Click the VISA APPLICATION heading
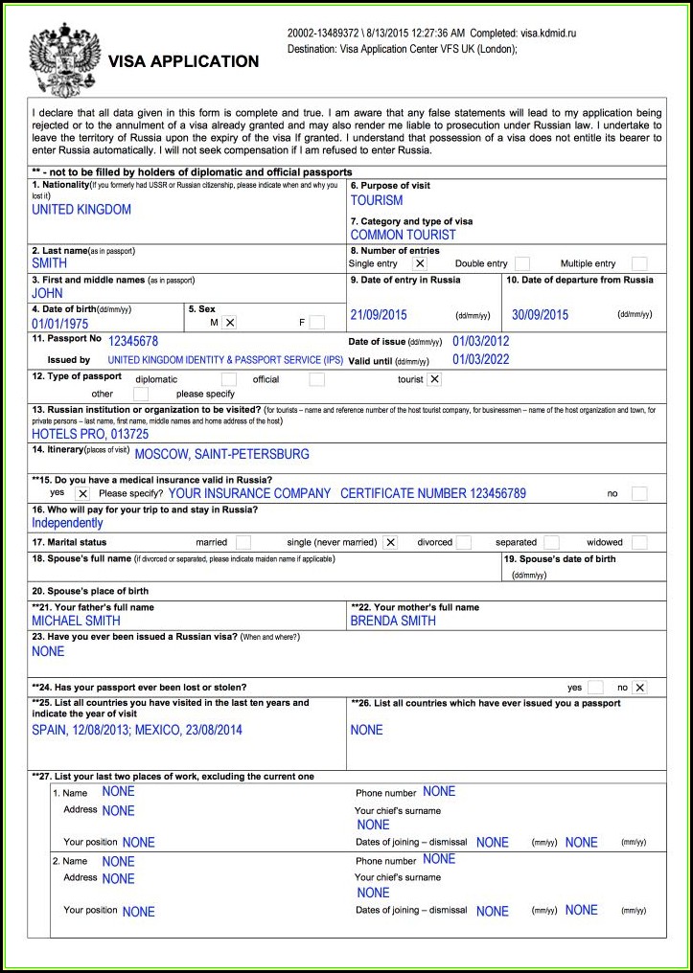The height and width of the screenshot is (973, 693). [183, 61]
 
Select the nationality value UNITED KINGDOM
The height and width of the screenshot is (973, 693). [81, 209]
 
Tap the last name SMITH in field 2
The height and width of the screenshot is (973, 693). [50, 262]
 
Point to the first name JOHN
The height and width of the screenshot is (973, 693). [47, 293]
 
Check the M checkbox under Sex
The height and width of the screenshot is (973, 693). [229, 323]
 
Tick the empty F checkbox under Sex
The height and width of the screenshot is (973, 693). [316, 323]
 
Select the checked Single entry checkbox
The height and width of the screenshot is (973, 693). [419, 263]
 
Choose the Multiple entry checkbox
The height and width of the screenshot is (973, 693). [639, 263]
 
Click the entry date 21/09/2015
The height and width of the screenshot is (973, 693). [379, 315]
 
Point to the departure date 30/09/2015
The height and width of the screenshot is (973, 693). [540, 315]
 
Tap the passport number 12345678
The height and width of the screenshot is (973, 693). [133, 341]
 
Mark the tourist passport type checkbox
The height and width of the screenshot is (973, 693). [434, 379]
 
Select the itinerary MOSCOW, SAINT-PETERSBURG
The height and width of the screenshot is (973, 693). [221, 454]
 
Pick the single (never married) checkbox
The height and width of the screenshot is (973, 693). [390, 542]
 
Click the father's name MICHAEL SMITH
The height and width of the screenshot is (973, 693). [77, 621]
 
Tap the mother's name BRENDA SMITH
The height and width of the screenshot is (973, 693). [393, 621]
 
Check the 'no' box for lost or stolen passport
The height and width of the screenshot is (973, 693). [639, 688]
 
